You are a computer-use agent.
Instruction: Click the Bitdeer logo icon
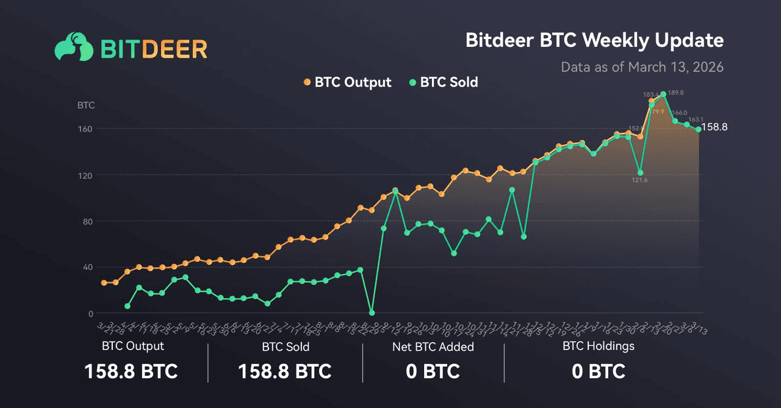pos(74,46)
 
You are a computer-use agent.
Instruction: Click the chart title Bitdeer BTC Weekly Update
pos(594,40)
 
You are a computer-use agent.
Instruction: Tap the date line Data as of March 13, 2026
pos(642,66)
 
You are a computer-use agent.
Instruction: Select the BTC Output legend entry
pos(347,82)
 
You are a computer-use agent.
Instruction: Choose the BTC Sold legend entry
pos(444,82)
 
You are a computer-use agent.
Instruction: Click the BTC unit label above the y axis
pos(86,105)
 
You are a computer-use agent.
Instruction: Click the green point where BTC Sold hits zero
pos(372,313)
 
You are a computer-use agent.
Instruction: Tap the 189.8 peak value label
pos(675,93)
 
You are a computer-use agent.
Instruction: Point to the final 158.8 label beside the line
pos(714,127)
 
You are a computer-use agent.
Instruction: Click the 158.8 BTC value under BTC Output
pos(131,371)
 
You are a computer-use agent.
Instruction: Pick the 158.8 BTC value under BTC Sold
pos(284,371)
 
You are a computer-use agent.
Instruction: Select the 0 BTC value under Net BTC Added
pos(433,371)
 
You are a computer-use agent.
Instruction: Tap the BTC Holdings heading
pos(598,346)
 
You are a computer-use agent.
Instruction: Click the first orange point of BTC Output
pos(104,282)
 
